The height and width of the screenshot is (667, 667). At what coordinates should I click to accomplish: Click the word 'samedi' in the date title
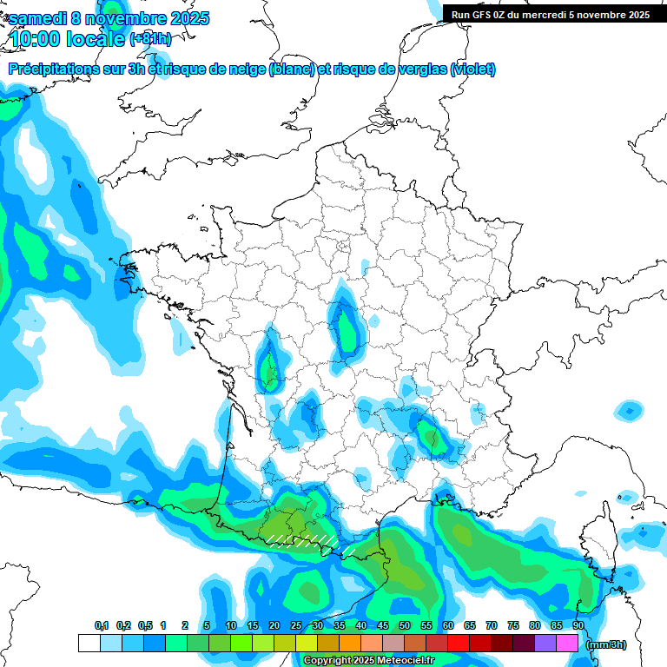pos(37,18)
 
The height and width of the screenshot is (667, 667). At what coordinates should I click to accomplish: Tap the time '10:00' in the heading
pos(36,38)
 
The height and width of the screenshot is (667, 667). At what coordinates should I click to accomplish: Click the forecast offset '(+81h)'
pos(149,38)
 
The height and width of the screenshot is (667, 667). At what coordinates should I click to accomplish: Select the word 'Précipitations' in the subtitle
pos(52,69)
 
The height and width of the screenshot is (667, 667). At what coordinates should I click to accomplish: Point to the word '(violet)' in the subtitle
pos(473,69)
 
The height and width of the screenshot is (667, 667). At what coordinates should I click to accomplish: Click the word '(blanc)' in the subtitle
pos(292,69)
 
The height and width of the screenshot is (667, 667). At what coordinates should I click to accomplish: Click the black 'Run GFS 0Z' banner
pos(551,14)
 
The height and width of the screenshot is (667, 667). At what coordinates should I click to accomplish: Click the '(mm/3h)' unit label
pos(604,644)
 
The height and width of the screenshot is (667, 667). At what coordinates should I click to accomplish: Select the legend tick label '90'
pos(578,625)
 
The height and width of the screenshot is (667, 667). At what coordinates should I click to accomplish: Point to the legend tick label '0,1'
pos(101,625)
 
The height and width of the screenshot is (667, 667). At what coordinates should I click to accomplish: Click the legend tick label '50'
pos(405,625)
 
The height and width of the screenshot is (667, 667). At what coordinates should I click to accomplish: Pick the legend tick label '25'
pos(296,625)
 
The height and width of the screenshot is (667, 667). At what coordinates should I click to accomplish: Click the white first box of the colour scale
pos(89,644)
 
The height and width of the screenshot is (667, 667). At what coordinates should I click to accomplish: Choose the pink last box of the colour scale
pos(567,644)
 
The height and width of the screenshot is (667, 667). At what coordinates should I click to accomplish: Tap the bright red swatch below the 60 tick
pos(459,644)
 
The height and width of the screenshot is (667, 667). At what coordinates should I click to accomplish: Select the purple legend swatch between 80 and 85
pos(545,644)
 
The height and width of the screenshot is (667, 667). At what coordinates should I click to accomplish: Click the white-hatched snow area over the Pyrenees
pos(300,540)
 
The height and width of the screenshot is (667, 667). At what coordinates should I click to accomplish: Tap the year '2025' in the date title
pos(183,18)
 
